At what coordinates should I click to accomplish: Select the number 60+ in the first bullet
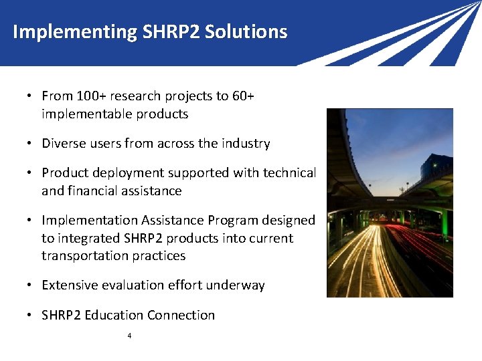coord(243,96)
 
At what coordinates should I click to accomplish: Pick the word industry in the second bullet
coord(247,144)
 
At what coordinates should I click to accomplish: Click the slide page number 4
coord(129,336)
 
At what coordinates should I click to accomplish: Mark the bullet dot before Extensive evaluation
coord(31,285)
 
